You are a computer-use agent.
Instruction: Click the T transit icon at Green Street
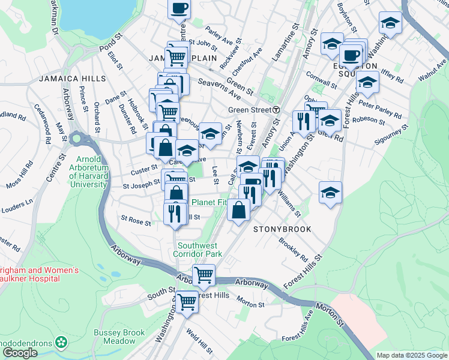pyautogui.click(x=276, y=110)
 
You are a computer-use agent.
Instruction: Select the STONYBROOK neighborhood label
pyautogui.click(x=282, y=229)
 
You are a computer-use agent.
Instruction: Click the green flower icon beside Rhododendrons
pyautogui.click(x=61, y=343)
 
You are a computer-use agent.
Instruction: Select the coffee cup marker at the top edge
pyautogui.click(x=179, y=9)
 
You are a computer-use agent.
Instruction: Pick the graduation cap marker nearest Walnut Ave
pyautogui.click(x=390, y=24)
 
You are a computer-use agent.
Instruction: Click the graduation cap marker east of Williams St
pyautogui.click(x=330, y=193)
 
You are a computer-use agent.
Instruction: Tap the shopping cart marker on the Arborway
pyautogui.click(x=203, y=275)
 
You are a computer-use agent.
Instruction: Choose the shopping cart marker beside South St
pyautogui.click(x=187, y=302)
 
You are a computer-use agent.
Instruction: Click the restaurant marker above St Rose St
pyautogui.click(x=175, y=214)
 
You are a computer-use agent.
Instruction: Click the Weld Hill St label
pyautogui.click(x=200, y=341)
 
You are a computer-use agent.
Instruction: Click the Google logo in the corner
pyautogui.click(x=20, y=353)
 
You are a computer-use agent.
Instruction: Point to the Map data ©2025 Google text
pyautogui.click(x=412, y=355)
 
